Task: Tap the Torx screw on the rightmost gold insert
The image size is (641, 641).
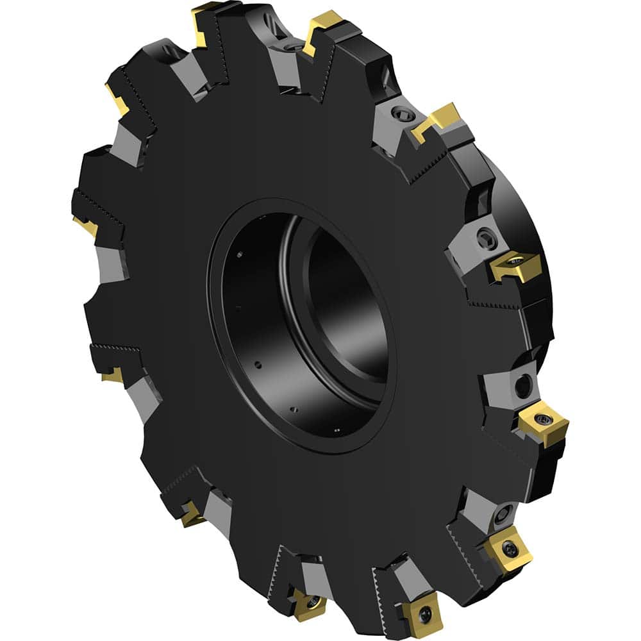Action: tap(545, 419)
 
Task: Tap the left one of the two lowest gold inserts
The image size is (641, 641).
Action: tap(306, 603)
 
